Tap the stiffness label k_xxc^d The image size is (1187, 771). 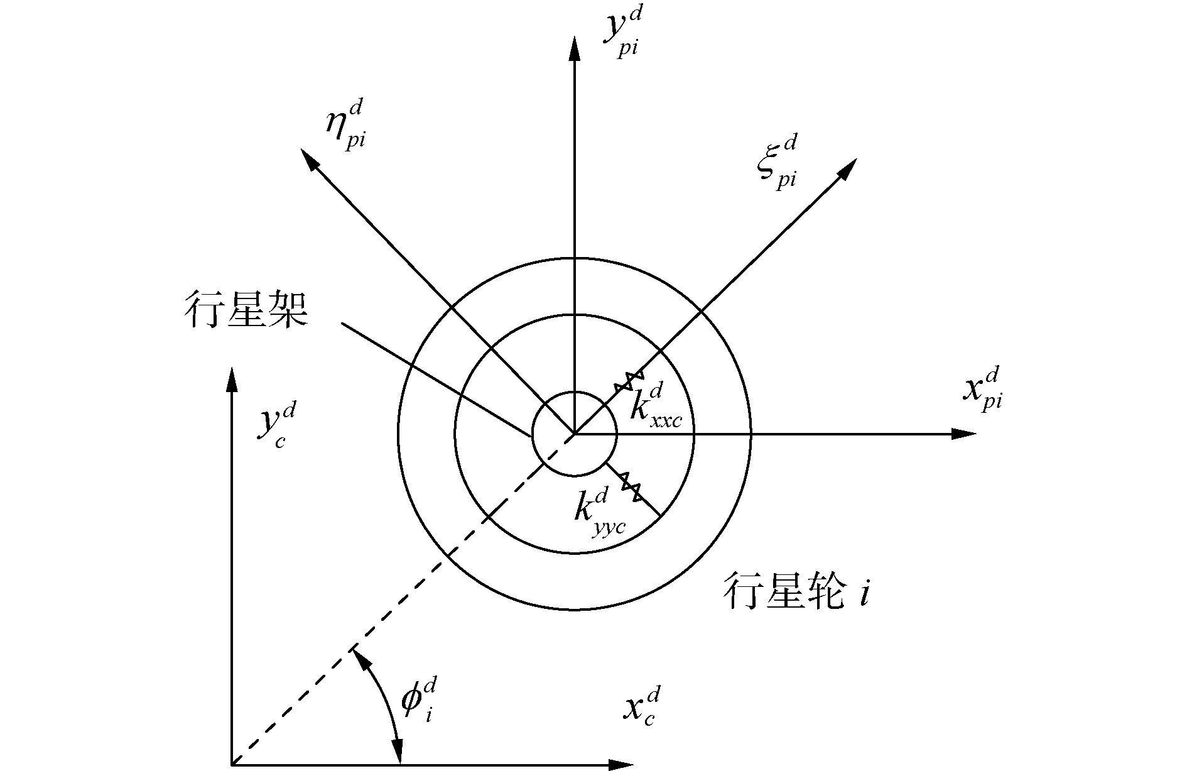click(x=655, y=406)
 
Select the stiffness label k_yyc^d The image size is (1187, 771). click(x=599, y=511)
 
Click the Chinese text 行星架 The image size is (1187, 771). click(x=246, y=310)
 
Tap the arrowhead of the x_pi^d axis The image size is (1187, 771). click(x=964, y=434)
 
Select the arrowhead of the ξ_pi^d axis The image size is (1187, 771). click(x=847, y=168)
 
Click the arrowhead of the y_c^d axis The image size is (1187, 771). click(x=232, y=380)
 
